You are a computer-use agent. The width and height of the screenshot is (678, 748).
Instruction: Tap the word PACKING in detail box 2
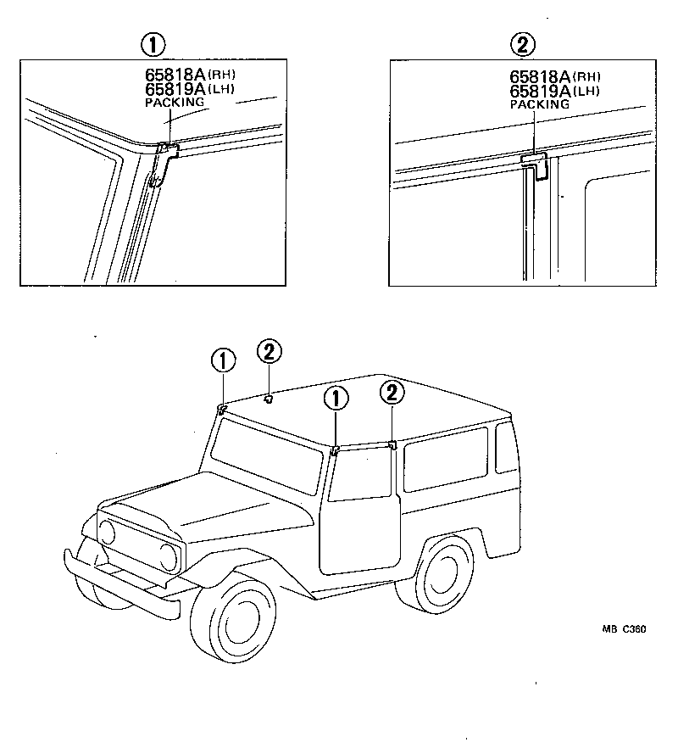(539, 103)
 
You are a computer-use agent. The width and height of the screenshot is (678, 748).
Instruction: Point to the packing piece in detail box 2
(536, 165)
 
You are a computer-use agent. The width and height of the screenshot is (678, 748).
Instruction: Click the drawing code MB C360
(624, 629)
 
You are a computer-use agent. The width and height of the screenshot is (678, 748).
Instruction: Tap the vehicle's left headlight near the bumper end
(107, 532)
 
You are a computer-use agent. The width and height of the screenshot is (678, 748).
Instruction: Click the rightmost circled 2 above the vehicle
(392, 393)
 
